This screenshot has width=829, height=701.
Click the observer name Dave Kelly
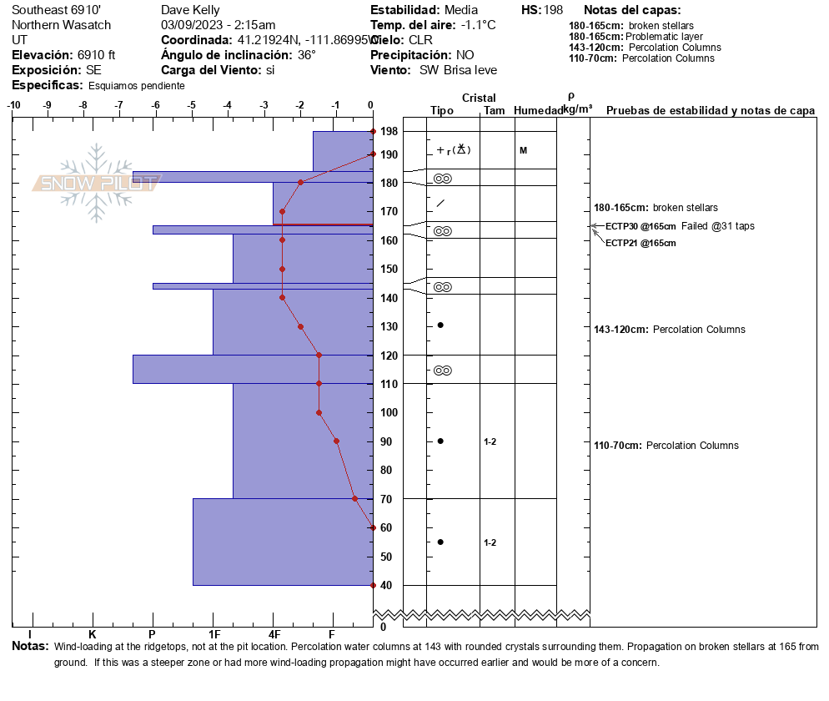click(190, 10)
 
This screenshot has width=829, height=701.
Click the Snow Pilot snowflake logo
click(97, 183)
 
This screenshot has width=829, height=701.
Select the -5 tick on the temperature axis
click(192, 105)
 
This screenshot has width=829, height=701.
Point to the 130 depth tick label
click(388, 326)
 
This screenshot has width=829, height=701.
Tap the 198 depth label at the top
click(388, 132)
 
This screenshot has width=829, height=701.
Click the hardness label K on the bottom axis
click(93, 635)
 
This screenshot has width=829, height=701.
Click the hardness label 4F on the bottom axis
click(274, 635)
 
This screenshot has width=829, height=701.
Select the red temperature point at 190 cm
click(373, 154)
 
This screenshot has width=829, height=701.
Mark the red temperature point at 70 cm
click(354, 499)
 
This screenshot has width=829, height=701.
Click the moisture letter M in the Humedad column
click(523, 150)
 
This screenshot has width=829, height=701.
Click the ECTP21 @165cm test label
click(641, 243)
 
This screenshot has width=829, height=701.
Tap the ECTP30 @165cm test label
click(641, 226)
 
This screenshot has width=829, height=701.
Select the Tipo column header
click(442, 111)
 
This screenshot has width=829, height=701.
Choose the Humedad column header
click(538, 111)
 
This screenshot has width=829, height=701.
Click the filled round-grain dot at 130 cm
click(440, 325)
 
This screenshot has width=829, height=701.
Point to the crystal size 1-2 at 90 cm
click(490, 441)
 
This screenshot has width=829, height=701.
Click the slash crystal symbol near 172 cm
click(440, 203)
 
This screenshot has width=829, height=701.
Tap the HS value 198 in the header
click(553, 10)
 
